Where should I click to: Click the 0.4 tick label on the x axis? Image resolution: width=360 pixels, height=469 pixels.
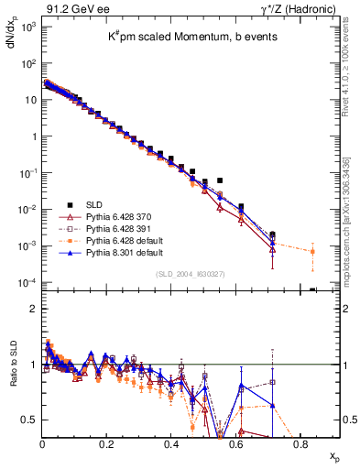click(x=171, y=443)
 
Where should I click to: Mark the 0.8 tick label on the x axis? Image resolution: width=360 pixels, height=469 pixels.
click(x=300, y=443)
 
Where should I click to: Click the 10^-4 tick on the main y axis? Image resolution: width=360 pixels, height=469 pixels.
click(x=27, y=282)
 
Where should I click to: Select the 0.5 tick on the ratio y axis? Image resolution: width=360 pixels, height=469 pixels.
click(x=29, y=420)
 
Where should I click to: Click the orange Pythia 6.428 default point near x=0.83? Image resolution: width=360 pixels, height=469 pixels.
click(x=312, y=251)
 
